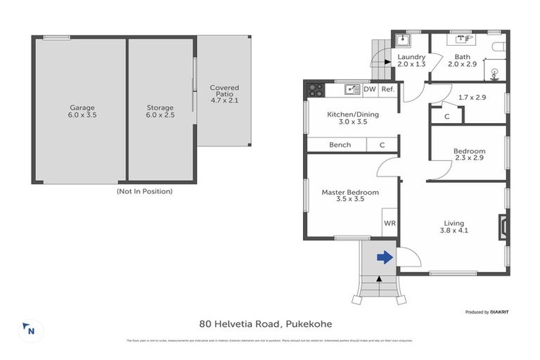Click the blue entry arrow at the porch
385,257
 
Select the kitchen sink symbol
352,89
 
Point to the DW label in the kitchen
370,89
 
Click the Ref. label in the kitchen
387,89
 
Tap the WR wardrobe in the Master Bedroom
390,223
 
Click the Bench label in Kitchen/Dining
340,145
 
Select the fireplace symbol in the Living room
501,226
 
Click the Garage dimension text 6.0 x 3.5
82,115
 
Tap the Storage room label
160,108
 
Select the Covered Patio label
224,92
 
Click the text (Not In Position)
144,191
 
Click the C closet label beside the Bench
382,145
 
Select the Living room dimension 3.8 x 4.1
454,230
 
